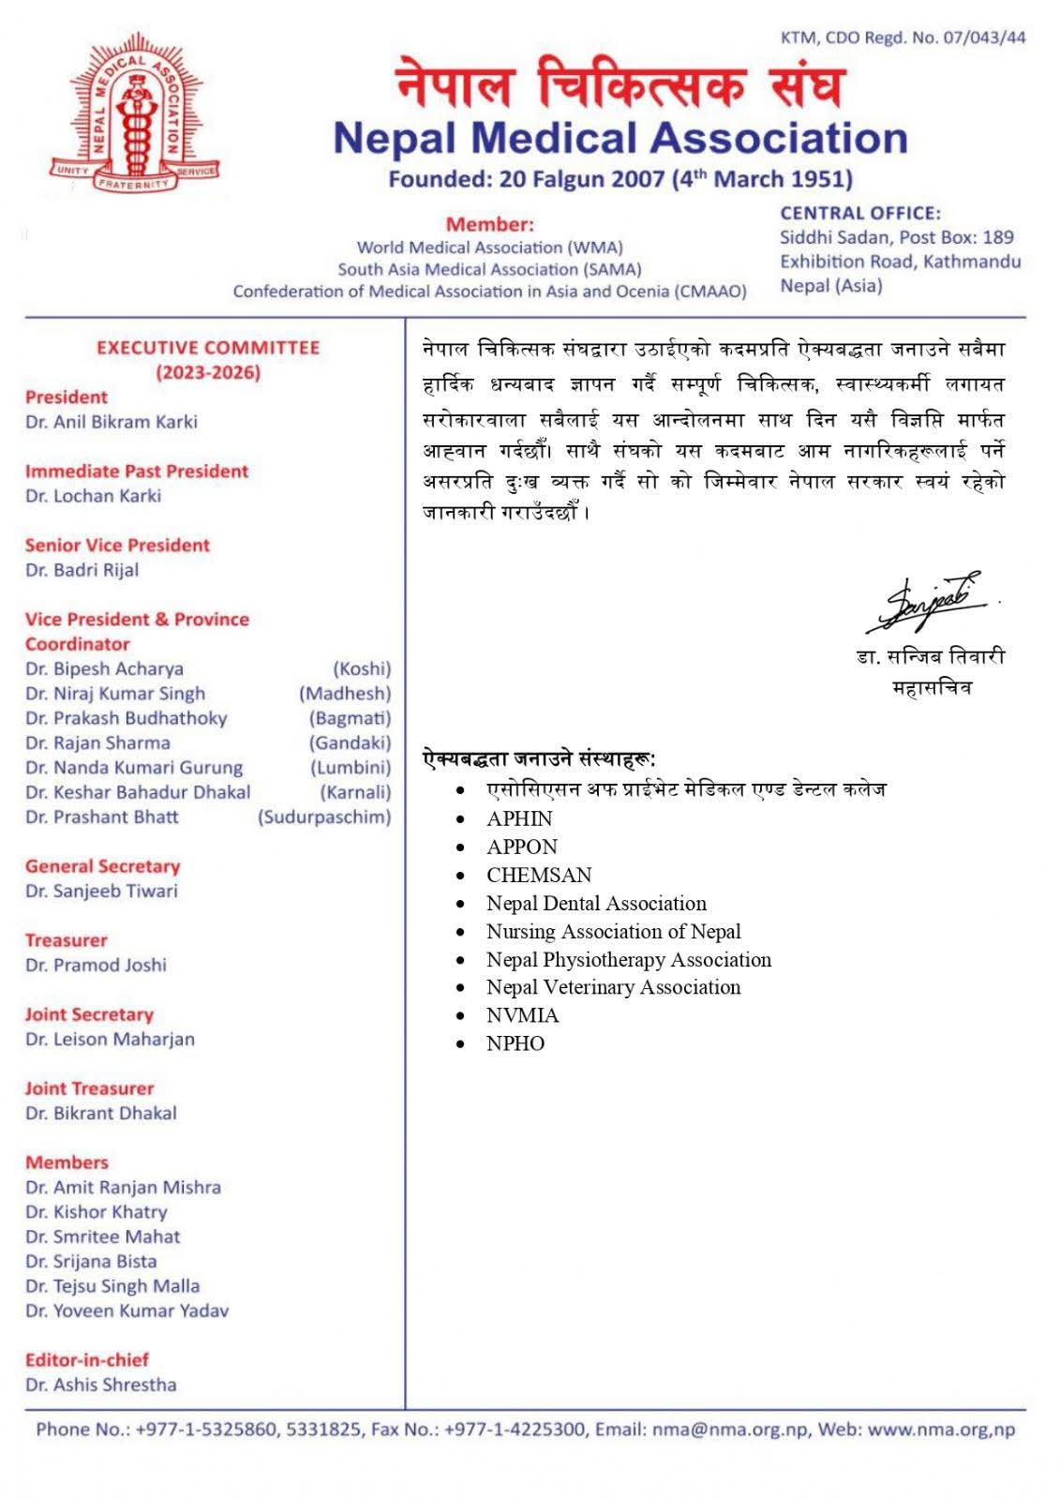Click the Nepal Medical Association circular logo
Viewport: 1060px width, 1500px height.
click(x=135, y=113)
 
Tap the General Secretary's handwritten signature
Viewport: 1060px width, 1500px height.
click(x=930, y=601)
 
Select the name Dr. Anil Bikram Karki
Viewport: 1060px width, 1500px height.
click(x=112, y=422)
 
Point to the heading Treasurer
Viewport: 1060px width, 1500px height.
click(x=67, y=940)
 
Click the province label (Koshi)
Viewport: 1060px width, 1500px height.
click(x=362, y=668)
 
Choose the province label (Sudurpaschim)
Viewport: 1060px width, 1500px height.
click(x=324, y=817)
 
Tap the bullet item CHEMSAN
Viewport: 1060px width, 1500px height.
click(x=539, y=876)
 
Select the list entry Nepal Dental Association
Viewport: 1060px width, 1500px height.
click(x=596, y=904)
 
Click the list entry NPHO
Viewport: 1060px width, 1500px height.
click(x=515, y=1043)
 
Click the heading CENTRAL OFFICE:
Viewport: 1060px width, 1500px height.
click(x=860, y=214)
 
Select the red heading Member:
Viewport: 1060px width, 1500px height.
click(x=489, y=224)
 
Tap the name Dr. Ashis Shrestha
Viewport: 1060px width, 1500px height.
click(x=101, y=1385)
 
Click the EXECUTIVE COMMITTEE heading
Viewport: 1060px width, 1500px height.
click(x=208, y=348)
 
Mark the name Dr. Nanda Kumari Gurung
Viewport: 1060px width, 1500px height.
click(x=134, y=768)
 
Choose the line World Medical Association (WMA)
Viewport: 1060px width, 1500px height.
click(x=489, y=247)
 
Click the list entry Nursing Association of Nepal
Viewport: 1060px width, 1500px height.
click(x=614, y=932)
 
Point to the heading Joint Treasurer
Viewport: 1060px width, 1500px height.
click(x=90, y=1088)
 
